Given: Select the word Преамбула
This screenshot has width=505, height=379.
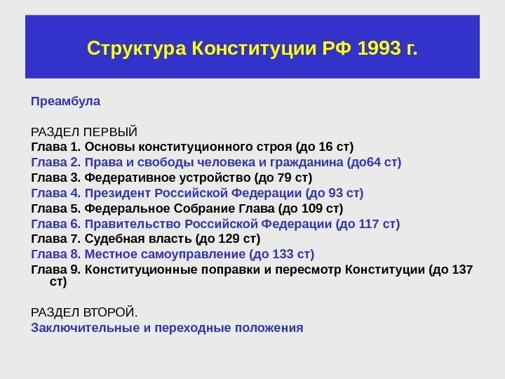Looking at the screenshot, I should [x=66, y=101].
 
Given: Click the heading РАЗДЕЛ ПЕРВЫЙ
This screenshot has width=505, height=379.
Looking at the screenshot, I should [x=84, y=131].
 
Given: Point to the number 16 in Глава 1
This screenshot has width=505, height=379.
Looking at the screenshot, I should [x=325, y=147].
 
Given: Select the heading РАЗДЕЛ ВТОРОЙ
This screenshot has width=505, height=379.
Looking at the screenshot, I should [x=85, y=312].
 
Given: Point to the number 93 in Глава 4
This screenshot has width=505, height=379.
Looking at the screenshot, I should [x=338, y=193].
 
